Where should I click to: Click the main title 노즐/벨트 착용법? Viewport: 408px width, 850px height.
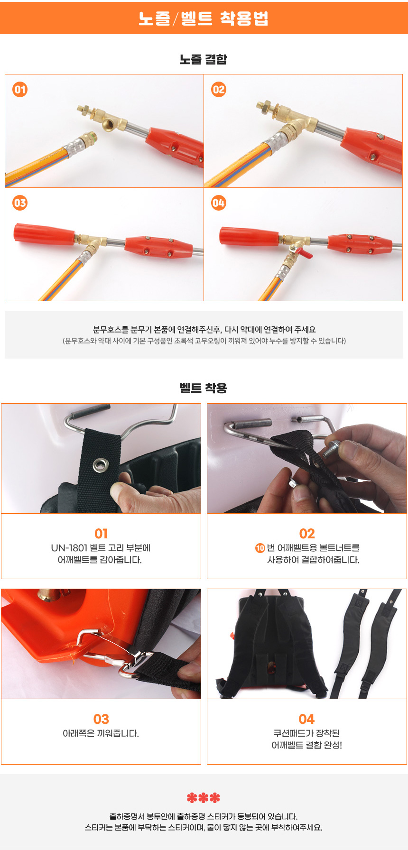click(x=204, y=18)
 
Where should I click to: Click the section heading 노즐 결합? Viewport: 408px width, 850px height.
click(x=204, y=59)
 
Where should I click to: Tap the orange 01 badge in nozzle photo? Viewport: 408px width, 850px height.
click(x=20, y=89)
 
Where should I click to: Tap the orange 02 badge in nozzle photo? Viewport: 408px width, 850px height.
click(x=219, y=89)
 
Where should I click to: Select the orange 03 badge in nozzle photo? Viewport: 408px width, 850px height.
click(x=20, y=203)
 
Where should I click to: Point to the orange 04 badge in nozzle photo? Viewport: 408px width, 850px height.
click(x=219, y=203)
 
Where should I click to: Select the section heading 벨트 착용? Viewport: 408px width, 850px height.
click(x=204, y=388)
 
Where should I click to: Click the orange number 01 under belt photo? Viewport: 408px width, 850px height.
click(x=101, y=534)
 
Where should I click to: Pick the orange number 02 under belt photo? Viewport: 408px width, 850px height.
click(x=307, y=534)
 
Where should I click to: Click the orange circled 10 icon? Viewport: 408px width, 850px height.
click(x=260, y=548)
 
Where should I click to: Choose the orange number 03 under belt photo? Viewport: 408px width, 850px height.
click(x=101, y=719)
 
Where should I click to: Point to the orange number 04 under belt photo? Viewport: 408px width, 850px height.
click(x=307, y=719)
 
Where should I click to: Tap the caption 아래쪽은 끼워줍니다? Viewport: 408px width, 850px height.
click(x=101, y=733)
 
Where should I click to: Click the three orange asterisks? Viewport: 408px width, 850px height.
click(x=204, y=798)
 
